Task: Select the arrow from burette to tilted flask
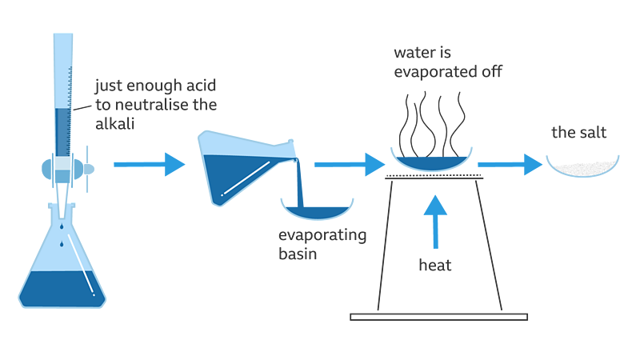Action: pyautogui.click(x=149, y=165)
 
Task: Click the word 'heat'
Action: pyautogui.click(x=435, y=265)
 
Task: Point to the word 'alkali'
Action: pyautogui.click(x=116, y=123)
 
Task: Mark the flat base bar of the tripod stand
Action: pyautogui.click(x=439, y=317)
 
